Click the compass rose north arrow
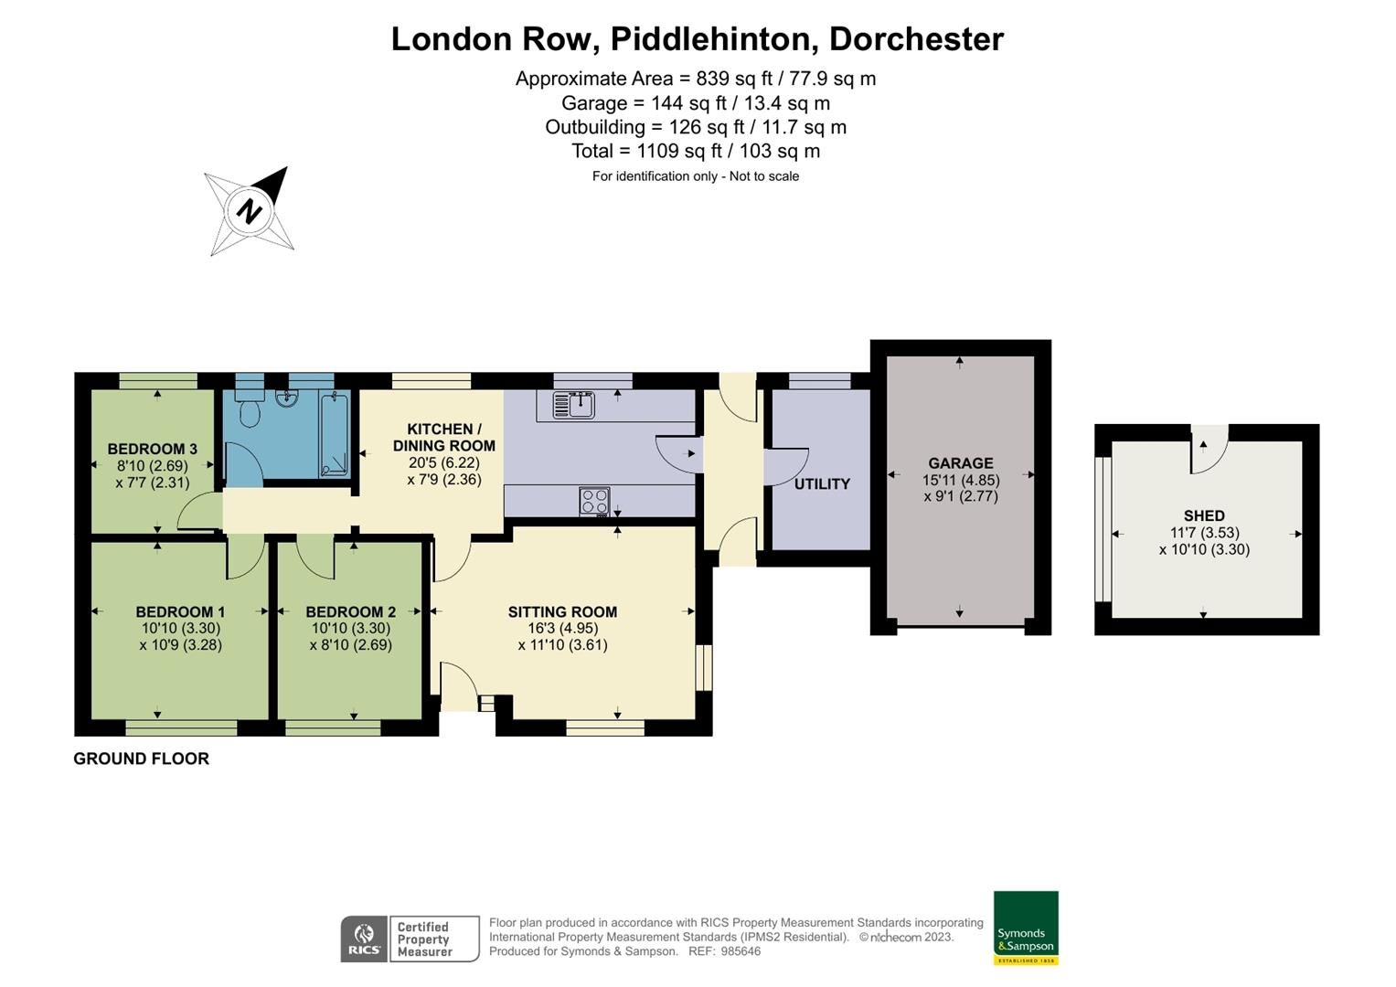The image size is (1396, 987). tap(249, 211)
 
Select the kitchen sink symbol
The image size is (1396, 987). tap(573, 403)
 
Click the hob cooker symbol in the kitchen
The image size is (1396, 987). tap(594, 502)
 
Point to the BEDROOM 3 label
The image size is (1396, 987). tap(153, 449)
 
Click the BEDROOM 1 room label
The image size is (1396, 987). tap(180, 611)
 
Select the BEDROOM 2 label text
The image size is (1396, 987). tap(350, 611)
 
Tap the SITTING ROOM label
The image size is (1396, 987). tap(562, 611)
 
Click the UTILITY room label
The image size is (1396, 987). tap(822, 483)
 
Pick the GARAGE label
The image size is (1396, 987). tap(960, 463)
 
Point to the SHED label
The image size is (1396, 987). tap(1204, 515)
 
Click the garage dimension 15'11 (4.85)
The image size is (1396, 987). tap(961, 480)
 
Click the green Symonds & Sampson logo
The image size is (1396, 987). tap(1026, 928)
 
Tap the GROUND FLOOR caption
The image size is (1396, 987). tap(141, 759)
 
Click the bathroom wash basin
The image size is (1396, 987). tap(286, 398)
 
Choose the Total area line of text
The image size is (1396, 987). tap(695, 151)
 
